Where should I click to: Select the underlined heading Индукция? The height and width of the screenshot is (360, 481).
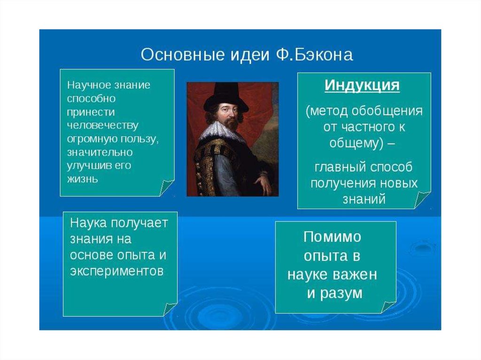click(362, 85)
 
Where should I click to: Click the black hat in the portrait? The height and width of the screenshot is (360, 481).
click(226, 98)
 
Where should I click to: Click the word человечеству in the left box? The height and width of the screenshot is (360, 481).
click(103, 125)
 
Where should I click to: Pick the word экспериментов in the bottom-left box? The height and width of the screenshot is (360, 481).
click(117, 271)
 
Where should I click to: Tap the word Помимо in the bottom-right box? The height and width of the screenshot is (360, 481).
click(333, 237)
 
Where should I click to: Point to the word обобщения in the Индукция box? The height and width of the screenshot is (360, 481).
click(387, 111)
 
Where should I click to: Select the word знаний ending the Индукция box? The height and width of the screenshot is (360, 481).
click(364, 199)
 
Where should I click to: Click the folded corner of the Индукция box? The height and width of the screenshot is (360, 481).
click(422, 199)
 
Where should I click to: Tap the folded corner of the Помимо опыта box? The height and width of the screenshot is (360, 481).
click(388, 307)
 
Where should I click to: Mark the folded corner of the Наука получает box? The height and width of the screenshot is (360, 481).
click(170, 309)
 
